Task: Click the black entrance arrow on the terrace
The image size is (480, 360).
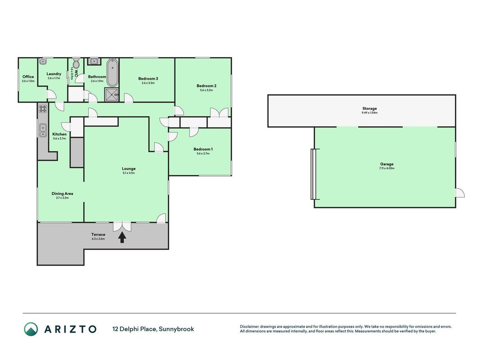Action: tap(122, 237)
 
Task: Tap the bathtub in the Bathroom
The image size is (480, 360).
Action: tap(112, 73)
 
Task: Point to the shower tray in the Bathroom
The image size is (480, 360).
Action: tap(112, 94)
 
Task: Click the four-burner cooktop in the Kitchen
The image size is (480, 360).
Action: tap(43, 108)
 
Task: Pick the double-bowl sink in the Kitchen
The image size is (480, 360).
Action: tap(43, 130)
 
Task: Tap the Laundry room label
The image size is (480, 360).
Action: tap(54, 74)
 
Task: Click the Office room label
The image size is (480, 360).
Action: tap(28, 77)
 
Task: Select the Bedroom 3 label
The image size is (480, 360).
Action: tap(148, 79)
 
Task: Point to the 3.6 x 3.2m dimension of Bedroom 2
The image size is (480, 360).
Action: tap(206, 90)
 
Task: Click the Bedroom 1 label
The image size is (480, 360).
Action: tap(203, 149)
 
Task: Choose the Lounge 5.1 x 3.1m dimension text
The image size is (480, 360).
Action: tap(129, 173)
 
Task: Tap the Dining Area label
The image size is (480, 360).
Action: tap(62, 193)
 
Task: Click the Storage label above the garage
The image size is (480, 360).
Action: tap(369, 108)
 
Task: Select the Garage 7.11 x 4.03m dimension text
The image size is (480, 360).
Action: tap(386, 168)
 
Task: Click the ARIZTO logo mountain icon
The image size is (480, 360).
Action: tap(31, 329)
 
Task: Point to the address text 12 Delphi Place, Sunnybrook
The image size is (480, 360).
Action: tap(153, 329)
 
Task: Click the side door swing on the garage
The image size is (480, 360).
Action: tap(460, 193)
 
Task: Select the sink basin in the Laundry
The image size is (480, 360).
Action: tap(43, 62)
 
